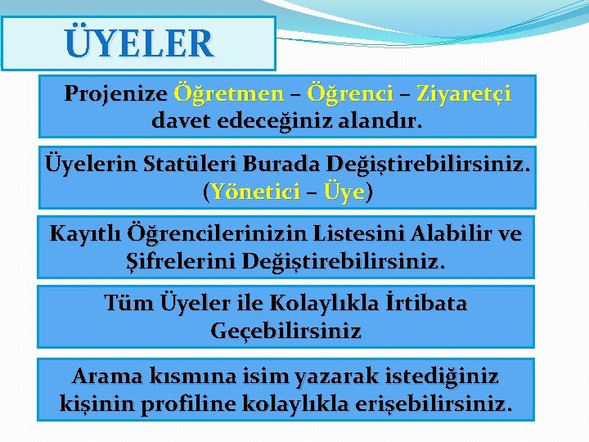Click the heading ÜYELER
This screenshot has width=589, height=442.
pos(138,43)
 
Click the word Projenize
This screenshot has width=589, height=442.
pos(115,94)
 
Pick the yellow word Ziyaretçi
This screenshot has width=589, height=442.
pos(464,94)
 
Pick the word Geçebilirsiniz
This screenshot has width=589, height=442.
pos(286,331)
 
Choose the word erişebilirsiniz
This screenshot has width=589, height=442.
pos(443,404)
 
